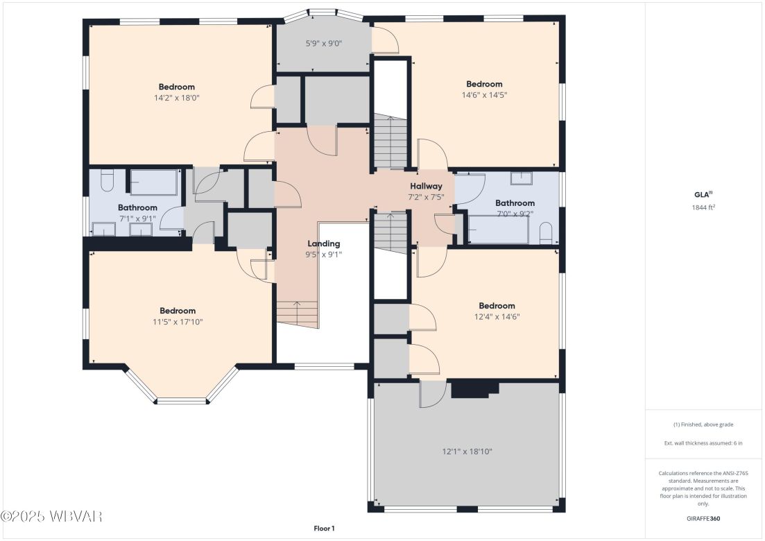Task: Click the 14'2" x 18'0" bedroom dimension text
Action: tap(176, 98)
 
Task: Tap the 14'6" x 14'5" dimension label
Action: tap(483, 95)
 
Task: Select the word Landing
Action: tap(324, 243)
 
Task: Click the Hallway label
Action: tap(425, 186)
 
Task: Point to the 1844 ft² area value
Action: tap(703, 207)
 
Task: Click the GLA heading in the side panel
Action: tap(703, 195)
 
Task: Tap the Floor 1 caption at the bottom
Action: tap(324, 529)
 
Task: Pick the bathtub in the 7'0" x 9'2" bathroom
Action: tap(499, 230)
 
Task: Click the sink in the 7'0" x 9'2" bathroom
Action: tap(521, 179)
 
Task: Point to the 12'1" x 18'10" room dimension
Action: tap(467, 452)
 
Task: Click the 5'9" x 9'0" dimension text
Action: tap(324, 44)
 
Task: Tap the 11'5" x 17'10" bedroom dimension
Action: tap(178, 322)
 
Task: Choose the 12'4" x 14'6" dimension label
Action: tap(497, 317)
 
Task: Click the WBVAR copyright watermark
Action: tap(52, 517)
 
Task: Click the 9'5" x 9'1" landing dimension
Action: tap(324, 255)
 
